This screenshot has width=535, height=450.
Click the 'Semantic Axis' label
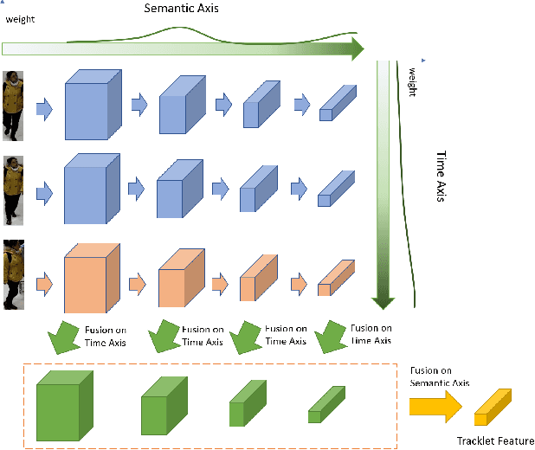pyautogui.click(x=180, y=8)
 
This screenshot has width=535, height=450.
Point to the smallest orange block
pyautogui.click(x=337, y=276)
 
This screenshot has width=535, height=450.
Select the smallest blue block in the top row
pyautogui.click(x=337, y=103)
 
